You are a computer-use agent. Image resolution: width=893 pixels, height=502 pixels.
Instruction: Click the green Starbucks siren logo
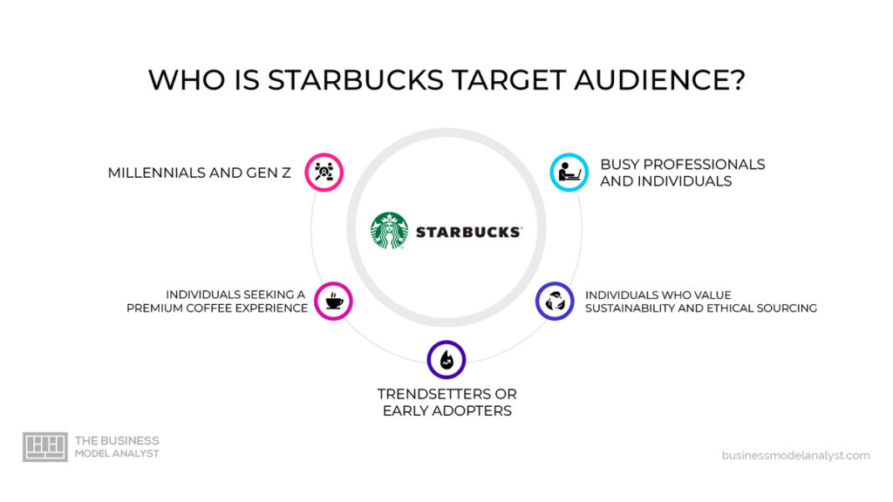point(389,231)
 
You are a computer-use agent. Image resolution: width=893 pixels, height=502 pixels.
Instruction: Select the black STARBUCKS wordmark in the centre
point(468,233)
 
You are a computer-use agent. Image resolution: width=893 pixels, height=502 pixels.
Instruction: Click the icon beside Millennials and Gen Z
point(324,172)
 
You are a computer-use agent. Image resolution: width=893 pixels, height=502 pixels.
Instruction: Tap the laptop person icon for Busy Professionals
point(569,172)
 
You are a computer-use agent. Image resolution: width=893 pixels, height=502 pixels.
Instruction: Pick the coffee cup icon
point(334,301)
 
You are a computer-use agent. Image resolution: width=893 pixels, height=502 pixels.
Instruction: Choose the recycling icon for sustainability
point(555,301)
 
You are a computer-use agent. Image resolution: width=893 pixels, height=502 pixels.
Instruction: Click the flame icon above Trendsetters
point(446,359)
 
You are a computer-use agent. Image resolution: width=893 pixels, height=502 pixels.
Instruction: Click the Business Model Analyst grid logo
point(44,447)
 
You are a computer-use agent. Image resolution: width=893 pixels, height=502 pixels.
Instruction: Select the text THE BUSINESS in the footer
point(117,441)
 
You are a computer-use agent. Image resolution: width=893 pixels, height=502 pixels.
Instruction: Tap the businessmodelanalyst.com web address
point(795,455)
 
